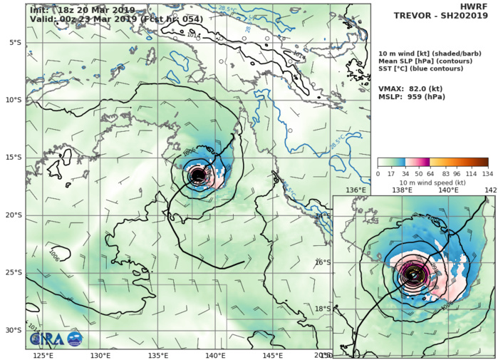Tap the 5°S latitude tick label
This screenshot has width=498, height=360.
(x=13, y=43)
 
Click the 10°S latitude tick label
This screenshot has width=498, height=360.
(x=11, y=101)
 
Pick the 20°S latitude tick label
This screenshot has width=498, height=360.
(x=11, y=215)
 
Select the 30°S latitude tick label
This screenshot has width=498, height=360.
(x=11, y=331)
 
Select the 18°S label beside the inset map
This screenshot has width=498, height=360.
(x=323, y=309)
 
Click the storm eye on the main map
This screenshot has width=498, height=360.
(x=198, y=174)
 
